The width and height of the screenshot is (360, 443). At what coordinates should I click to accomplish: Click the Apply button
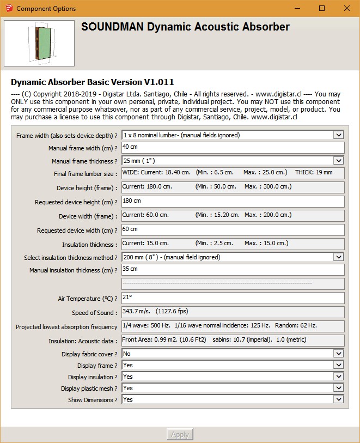[180, 434]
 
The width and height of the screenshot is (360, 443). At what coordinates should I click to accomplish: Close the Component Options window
[346, 8]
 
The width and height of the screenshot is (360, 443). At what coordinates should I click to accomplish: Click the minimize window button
[297, 8]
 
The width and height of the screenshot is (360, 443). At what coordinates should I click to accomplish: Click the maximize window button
[322, 8]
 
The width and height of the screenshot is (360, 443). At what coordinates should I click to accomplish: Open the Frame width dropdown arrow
[338, 135]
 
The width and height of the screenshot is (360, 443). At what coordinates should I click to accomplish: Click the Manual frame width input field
[233, 148]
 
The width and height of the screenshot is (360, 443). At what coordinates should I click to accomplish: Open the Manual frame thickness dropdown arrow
[338, 161]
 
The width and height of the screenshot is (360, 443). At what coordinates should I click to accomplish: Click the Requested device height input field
[233, 202]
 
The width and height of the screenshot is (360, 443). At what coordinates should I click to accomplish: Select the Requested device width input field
[233, 230]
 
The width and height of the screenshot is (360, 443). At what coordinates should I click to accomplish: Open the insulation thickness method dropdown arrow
[338, 257]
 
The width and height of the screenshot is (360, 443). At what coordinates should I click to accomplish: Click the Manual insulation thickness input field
[233, 270]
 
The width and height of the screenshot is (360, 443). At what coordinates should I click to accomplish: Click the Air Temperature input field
[233, 298]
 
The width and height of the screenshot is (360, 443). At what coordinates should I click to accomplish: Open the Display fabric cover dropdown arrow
[338, 354]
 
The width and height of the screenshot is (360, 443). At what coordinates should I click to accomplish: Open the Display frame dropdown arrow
[338, 365]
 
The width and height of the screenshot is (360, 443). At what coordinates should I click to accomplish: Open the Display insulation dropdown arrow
[338, 377]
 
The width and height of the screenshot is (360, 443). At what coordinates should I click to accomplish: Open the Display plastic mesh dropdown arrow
[338, 388]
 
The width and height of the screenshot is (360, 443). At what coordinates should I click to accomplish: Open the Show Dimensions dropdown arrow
[338, 399]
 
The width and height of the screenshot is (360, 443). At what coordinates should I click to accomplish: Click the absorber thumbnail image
[39, 44]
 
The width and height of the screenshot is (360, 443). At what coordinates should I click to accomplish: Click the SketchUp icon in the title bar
[9, 8]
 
